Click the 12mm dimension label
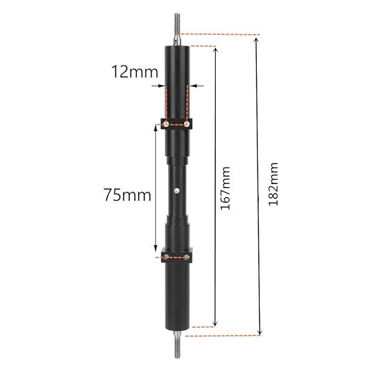pos(135,71)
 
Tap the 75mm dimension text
pos(127,195)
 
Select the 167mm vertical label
pos(226,188)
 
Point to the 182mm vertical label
pos(273,184)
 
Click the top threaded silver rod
pos(177,29)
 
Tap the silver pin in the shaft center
pos(177,190)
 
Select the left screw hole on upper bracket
pos(166,124)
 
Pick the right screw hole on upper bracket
pos(187,124)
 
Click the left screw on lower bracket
pos(166,257)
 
